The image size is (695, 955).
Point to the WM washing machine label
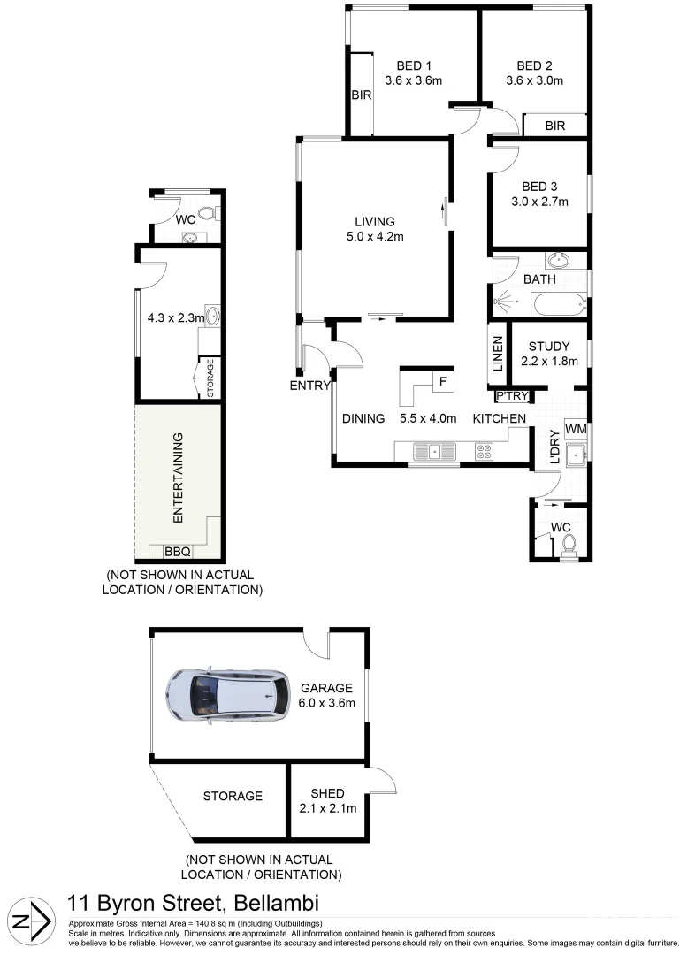click(x=575, y=429)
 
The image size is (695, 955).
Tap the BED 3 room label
click(x=539, y=187)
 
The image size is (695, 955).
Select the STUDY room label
click(x=548, y=347)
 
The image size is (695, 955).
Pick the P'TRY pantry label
click(x=512, y=396)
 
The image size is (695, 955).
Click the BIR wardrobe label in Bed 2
click(x=554, y=126)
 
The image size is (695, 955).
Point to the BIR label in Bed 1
click(x=361, y=95)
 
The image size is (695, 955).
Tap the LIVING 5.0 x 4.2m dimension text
click(x=375, y=236)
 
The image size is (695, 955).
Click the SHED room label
click(x=328, y=793)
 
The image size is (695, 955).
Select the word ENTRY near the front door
click(x=309, y=386)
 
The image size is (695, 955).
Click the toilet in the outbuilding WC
click(x=208, y=213)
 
